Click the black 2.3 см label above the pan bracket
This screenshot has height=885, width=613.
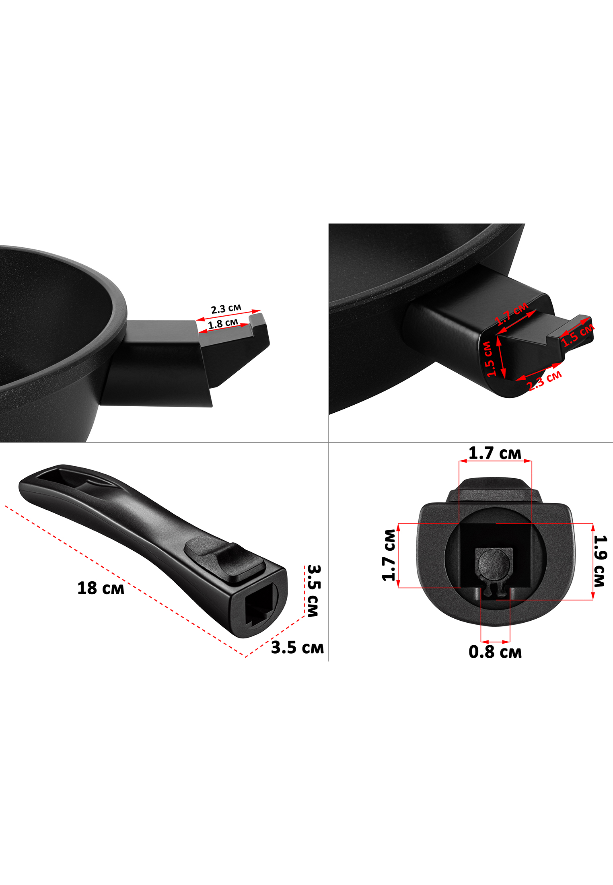coord(226,309)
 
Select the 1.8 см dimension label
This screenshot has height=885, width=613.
coord(223,324)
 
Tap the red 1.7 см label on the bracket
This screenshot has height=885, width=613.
coord(512,313)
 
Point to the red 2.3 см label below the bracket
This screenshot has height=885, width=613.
coord(544,380)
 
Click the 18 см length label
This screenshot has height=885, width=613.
coord(101,588)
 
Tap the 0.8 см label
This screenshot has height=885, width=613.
coord(495,652)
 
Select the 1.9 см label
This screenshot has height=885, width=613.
coord(600,561)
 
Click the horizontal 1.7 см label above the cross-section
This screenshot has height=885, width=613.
coord(495,453)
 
